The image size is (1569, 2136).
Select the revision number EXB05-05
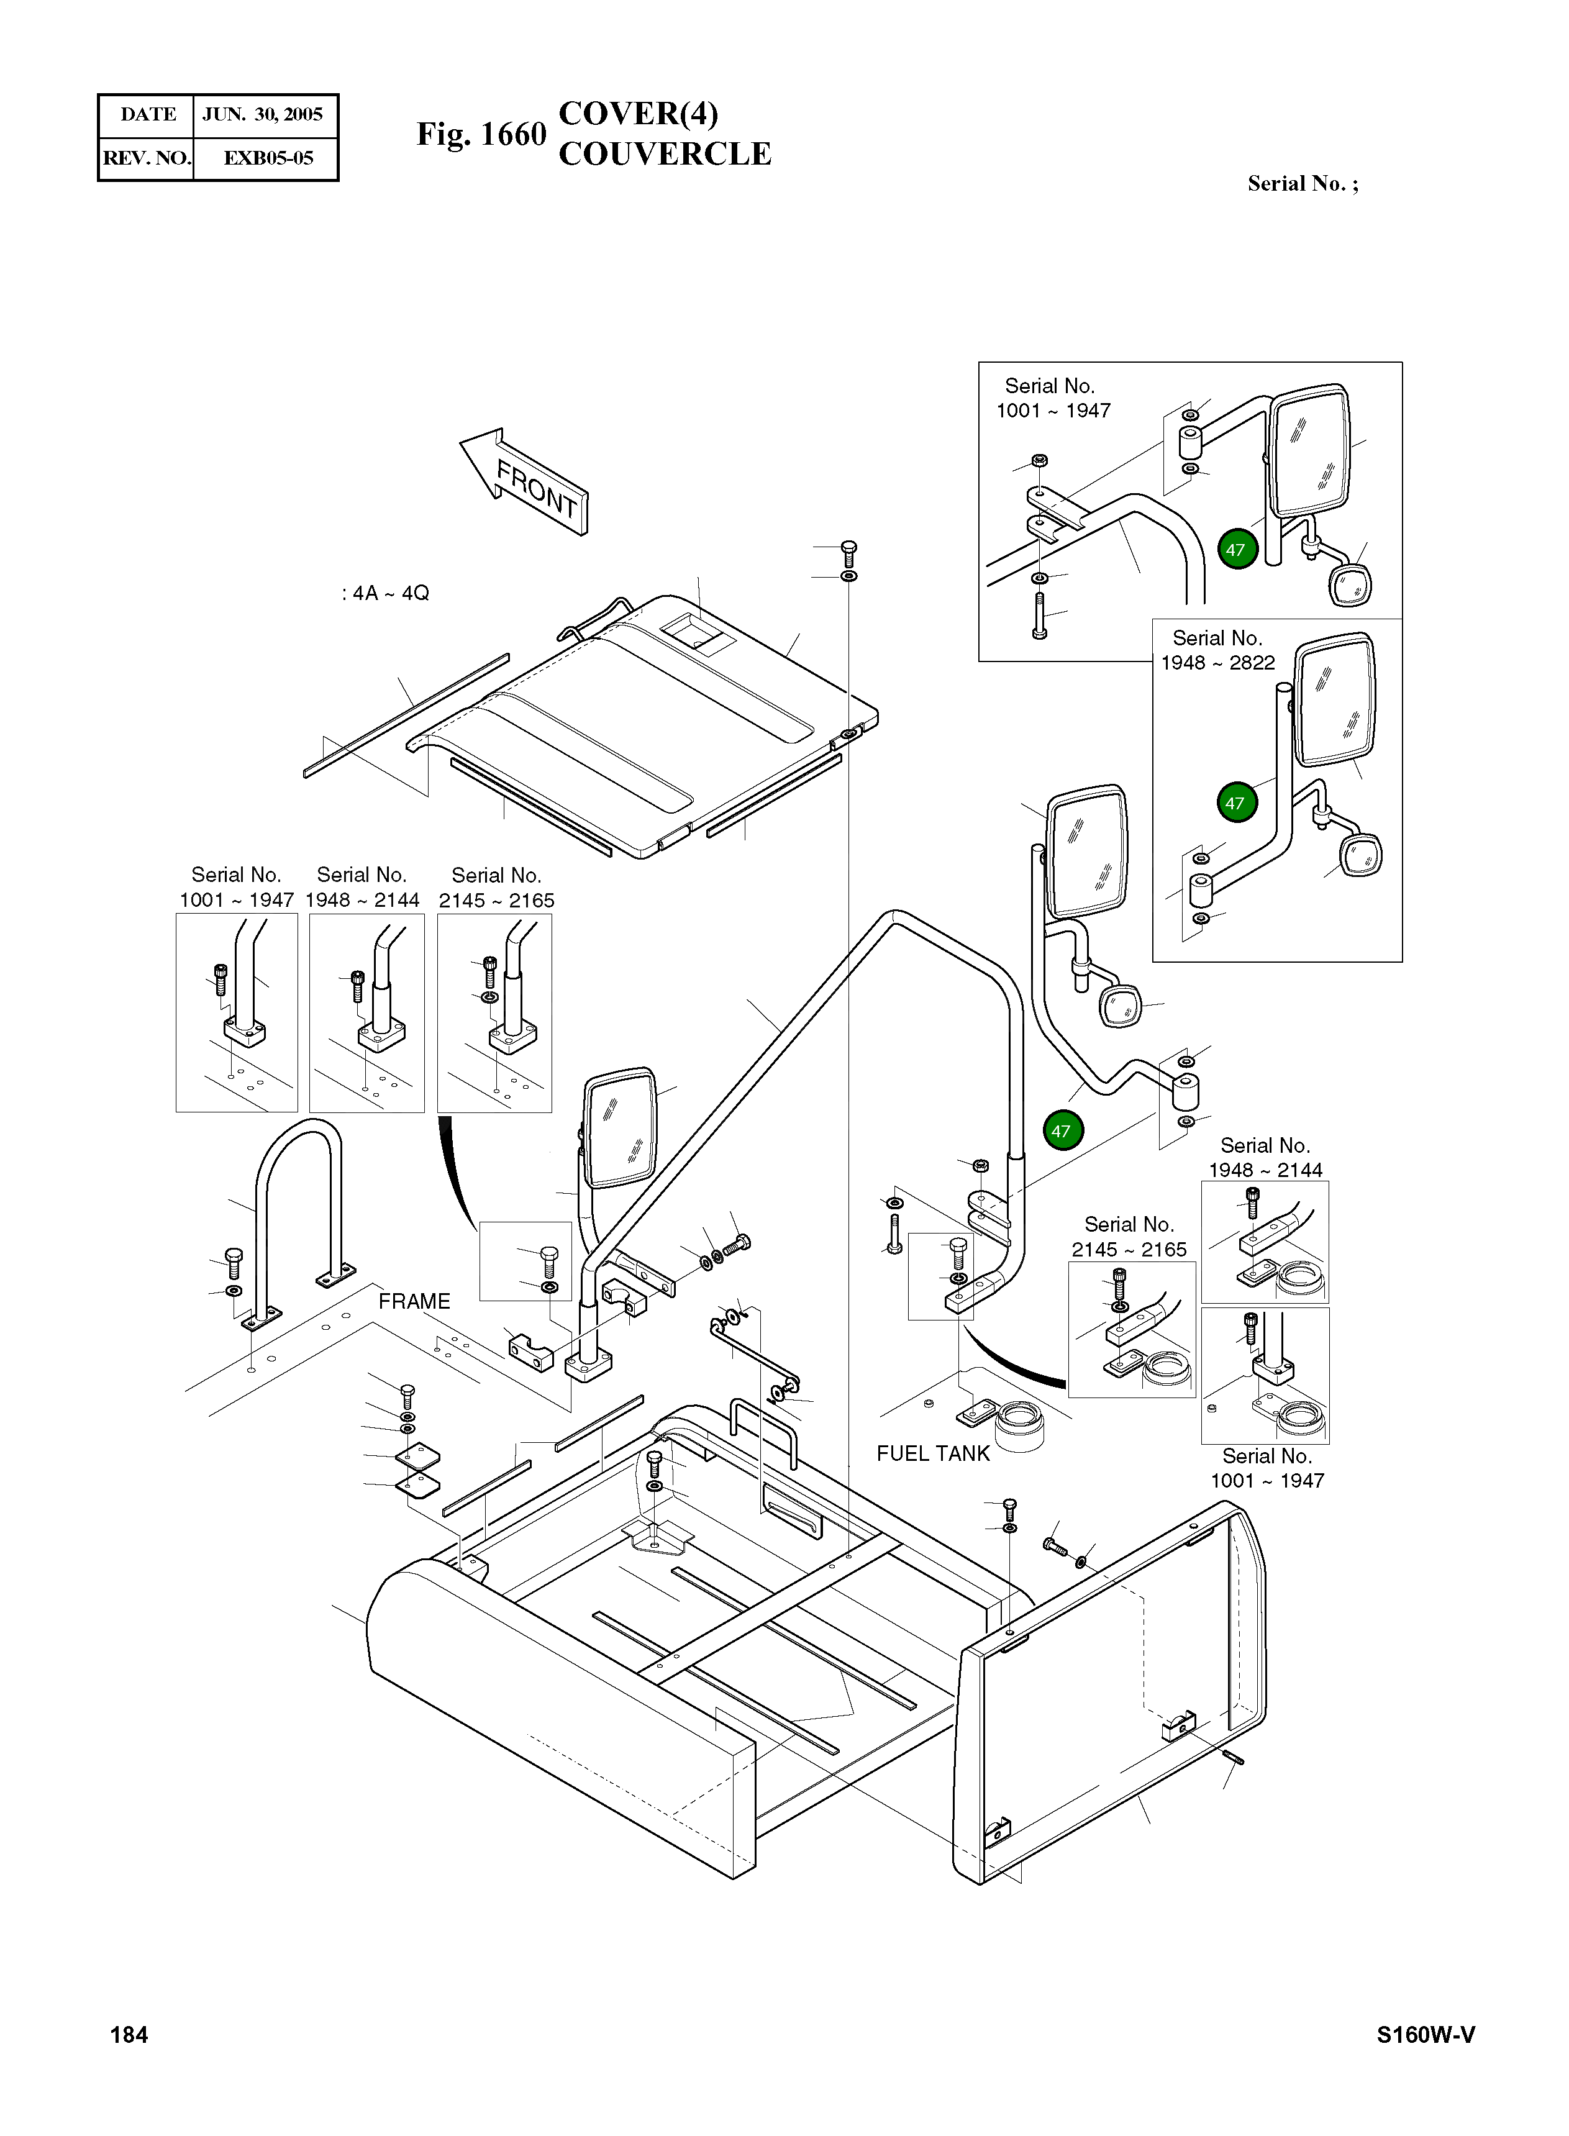pyautogui.click(x=268, y=158)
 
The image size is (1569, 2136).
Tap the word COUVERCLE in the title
pyautogui.click(x=665, y=154)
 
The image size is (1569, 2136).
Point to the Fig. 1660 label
pyautogui.click(x=481, y=134)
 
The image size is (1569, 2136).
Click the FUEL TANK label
pyautogui.click(x=933, y=1453)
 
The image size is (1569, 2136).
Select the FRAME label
pyautogui.click(x=414, y=1301)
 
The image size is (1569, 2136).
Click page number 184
pyautogui.click(x=129, y=2034)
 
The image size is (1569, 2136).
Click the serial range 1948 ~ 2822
pyautogui.click(x=1217, y=663)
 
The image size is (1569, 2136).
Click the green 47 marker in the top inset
pyautogui.click(x=1235, y=549)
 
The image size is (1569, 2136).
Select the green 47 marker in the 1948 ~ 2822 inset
pyautogui.click(x=1235, y=802)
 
